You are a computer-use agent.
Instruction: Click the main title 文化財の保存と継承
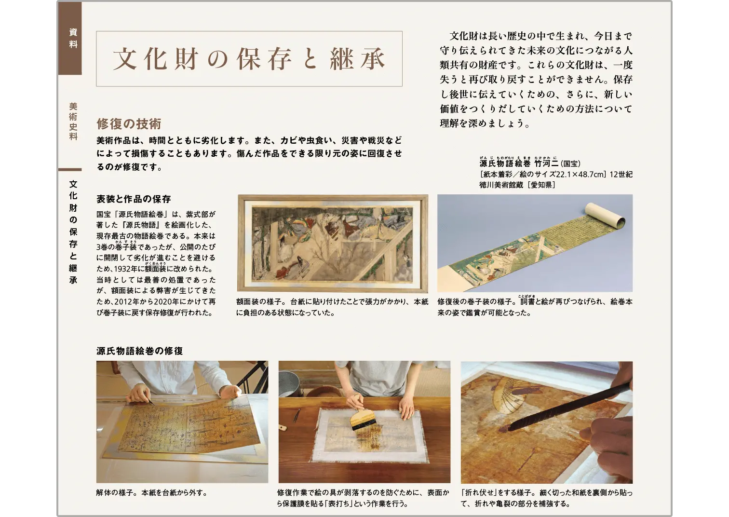[249, 59]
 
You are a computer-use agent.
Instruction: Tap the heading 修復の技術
[129, 124]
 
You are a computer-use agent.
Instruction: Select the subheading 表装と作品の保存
[134, 199]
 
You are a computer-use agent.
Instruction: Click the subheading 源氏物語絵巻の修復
[139, 351]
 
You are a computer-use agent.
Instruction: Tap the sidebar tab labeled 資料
[73, 39]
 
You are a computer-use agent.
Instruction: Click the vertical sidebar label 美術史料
[73, 122]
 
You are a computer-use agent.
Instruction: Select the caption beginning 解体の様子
[151, 493]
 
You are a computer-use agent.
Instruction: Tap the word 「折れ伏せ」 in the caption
[478, 493]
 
